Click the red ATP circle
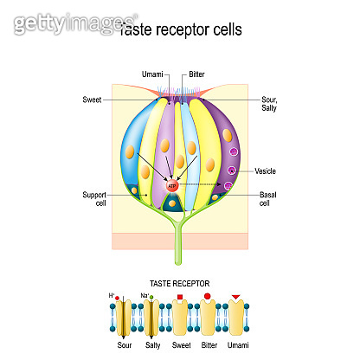tap(172, 185)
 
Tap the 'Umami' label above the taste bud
tap(149, 76)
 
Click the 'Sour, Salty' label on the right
tap(271, 104)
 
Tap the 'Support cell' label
tap(91, 198)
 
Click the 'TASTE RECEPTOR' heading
tap(179, 283)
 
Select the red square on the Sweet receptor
tap(180, 299)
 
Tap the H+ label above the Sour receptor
tap(113, 296)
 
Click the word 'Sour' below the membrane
tap(125, 344)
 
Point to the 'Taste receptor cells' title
tap(180, 29)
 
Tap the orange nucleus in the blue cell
tap(131, 155)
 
